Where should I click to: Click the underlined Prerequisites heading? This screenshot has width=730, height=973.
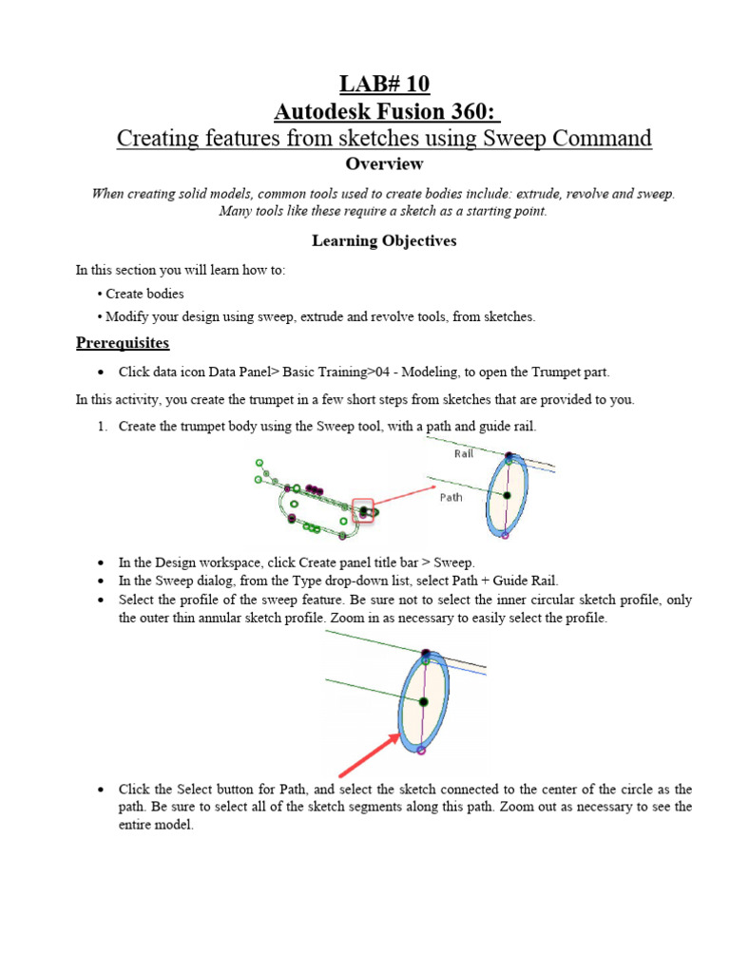(x=123, y=342)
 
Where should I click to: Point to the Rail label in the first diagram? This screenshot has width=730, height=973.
(x=464, y=454)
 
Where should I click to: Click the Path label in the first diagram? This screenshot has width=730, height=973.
(x=451, y=497)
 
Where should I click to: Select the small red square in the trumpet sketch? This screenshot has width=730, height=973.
(x=362, y=510)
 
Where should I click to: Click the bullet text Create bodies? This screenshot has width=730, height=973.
(x=144, y=294)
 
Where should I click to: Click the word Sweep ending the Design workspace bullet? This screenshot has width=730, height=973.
(x=455, y=563)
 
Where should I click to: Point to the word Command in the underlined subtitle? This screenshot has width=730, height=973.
(x=605, y=139)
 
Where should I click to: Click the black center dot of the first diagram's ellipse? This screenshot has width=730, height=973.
(x=507, y=495)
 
